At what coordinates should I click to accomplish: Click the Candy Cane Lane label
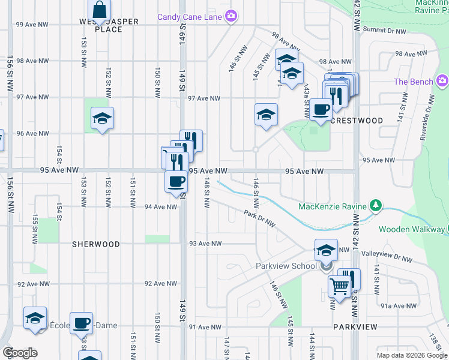click(190, 17)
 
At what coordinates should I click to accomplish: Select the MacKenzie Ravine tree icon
click(376, 206)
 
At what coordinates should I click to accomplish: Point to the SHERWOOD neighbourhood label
click(96, 244)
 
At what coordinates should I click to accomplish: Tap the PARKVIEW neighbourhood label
click(355, 327)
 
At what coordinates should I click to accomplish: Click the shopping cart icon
click(339, 287)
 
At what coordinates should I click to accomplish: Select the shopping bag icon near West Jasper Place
click(100, 10)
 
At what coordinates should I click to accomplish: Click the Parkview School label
click(286, 266)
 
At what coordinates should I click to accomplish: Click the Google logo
click(20, 353)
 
